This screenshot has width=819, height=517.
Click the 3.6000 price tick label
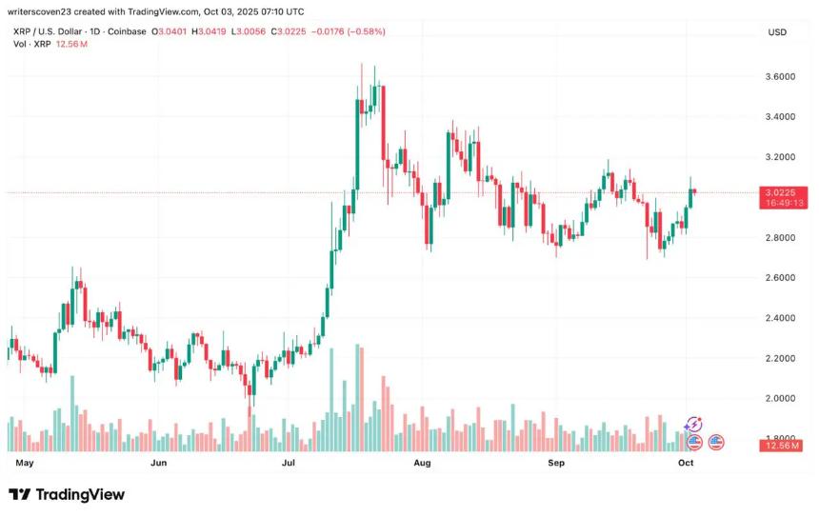(x=780, y=76)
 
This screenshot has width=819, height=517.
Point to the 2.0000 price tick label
(x=780, y=398)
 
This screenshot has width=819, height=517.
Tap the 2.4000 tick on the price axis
(x=780, y=318)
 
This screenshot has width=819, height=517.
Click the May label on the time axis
(x=26, y=463)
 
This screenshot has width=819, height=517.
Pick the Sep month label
(x=556, y=463)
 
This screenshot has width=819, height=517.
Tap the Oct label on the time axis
(x=686, y=463)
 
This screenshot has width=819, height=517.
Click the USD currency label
(x=778, y=32)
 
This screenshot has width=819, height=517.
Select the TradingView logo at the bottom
(x=67, y=494)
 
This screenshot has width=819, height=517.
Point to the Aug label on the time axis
(x=423, y=463)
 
